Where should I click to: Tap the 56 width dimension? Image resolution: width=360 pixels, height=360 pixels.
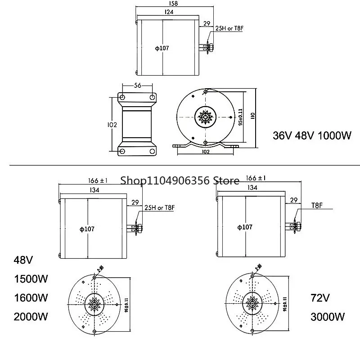pyautogui.click(x=137, y=85)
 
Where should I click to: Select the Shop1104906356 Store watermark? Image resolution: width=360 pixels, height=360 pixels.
pyautogui.click(x=180, y=180)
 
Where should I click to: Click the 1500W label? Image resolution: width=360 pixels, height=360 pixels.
pyautogui.click(x=31, y=279)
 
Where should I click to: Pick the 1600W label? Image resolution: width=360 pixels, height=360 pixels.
pyautogui.click(x=31, y=297)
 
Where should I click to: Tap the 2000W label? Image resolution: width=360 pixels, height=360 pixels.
pyautogui.click(x=31, y=316)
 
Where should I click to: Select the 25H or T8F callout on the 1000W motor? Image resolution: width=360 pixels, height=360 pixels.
pyautogui.click(x=229, y=29)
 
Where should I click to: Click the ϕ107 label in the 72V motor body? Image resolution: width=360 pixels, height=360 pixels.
pyautogui.click(x=245, y=227)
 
